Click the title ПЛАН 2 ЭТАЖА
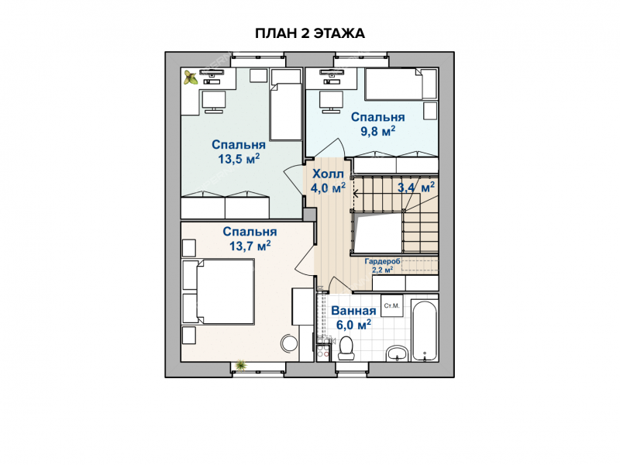(309, 33)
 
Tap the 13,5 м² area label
(239, 159)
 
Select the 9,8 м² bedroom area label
(377, 131)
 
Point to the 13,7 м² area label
(250, 246)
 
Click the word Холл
(328, 174)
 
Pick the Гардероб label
(382, 261)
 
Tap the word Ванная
(353, 311)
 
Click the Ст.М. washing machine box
(392, 305)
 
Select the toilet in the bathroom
(346, 349)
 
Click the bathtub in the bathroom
(425, 331)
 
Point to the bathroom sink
(397, 353)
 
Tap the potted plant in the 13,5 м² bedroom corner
(191, 77)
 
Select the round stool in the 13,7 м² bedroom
(289, 343)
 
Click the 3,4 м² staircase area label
(416, 187)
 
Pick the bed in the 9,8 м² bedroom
(401, 84)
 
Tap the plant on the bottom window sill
(239, 365)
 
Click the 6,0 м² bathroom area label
(353, 325)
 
